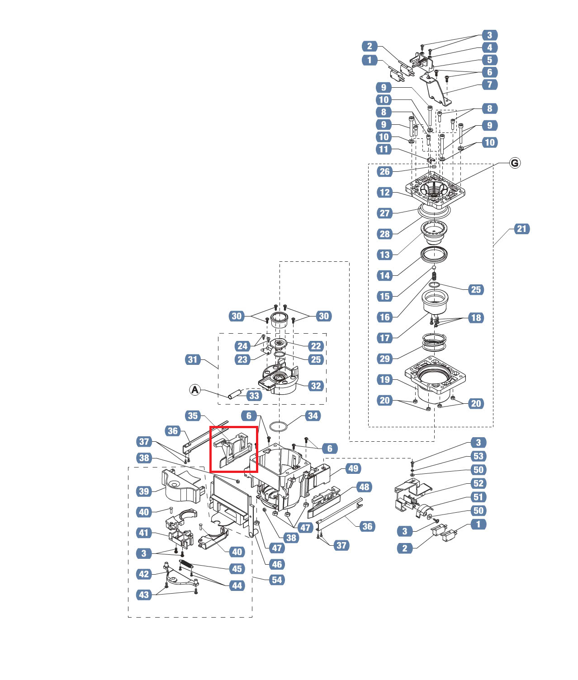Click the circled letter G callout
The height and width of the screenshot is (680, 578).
[x=515, y=163]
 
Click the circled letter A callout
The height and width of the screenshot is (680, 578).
[x=194, y=389]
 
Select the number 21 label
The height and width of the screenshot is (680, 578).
[x=521, y=229]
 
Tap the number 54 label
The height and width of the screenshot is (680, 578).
[x=277, y=580]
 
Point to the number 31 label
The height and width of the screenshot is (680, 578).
[x=193, y=359]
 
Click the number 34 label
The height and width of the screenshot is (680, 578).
[x=313, y=416]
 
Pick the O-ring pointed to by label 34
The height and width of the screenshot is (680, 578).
[x=279, y=426]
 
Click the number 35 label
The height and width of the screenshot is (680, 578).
[x=193, y=416]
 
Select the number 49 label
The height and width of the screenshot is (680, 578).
[x=353, y=468]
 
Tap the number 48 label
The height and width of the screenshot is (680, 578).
[x=364, y=487]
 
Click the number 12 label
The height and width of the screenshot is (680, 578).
[x=384, y=192]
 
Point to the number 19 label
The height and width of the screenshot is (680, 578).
[x=384, y=379]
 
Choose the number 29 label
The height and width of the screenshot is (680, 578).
[x=384, y=359]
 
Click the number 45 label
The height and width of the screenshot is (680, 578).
[x=237, y=568]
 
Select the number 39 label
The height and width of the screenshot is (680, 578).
[x=144, y=491]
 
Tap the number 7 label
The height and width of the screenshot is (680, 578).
[x=489, y=84]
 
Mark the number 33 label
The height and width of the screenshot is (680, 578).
[x=254, y=396]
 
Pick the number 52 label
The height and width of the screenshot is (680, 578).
[x=478, y=483]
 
